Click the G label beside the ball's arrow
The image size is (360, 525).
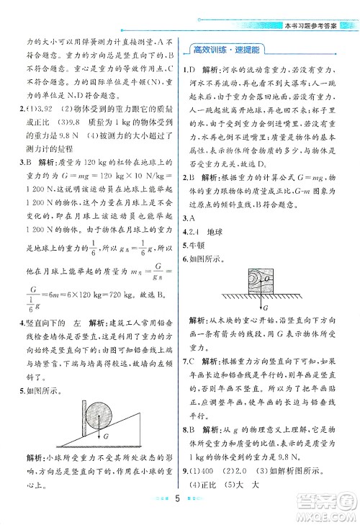(x=105, y=436)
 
